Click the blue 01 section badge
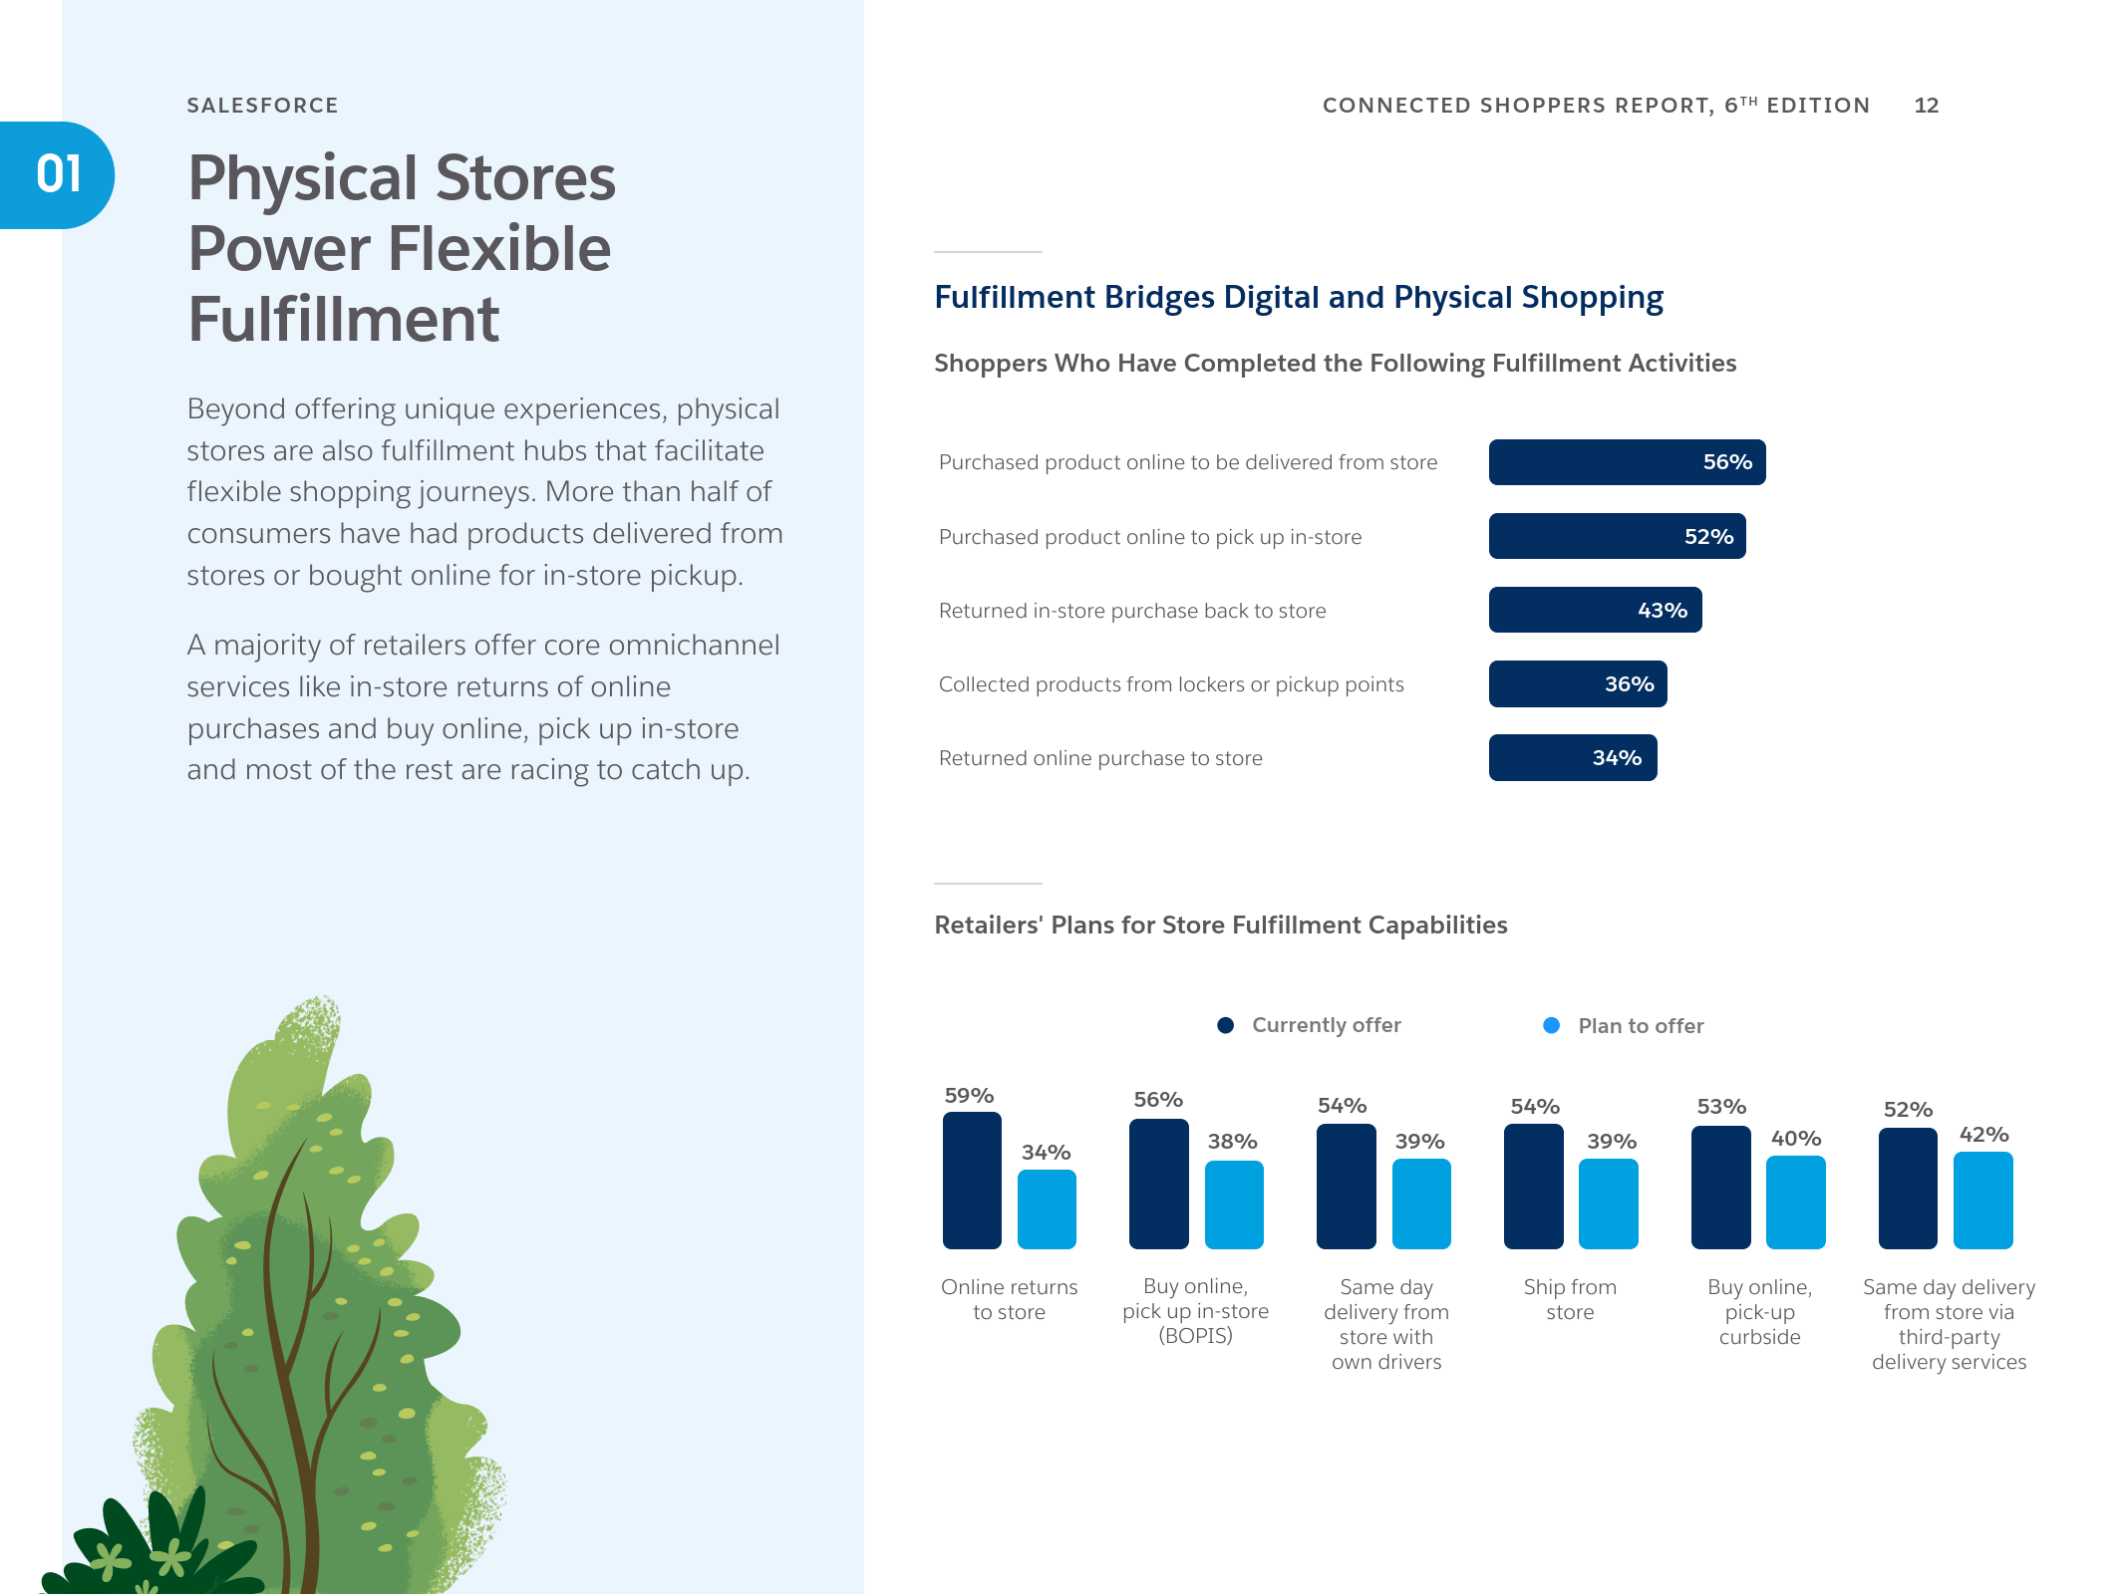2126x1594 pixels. point(57,175)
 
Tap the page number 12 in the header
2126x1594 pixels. point(1926,106)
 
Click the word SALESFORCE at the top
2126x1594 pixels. point(262,106)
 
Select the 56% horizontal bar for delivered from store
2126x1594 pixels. point(1627,462)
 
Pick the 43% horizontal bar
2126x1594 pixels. point(1595,610)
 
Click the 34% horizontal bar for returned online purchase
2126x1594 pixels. point(1573,757)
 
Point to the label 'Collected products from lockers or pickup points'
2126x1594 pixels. point(1171,684)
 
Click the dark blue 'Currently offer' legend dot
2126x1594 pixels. point(1226,1025)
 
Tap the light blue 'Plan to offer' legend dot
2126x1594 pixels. point(1551,1025)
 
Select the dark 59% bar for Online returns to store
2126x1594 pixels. point(972,1181)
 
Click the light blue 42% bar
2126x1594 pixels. point(1982,1200)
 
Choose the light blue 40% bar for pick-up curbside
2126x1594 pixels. point(1795,1202)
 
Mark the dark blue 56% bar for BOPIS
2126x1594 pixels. point(1158,1184)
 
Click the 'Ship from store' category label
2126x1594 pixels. point(1570,1299)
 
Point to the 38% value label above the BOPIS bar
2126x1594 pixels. point(1232,1142)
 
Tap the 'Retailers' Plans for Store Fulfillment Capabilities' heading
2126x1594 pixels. point(1220,926)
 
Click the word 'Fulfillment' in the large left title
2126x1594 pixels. point(343,319)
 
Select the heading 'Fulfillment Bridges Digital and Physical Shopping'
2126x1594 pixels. point(1299,298)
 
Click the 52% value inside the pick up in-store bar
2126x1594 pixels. point(1708,537)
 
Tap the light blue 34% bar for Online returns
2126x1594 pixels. point(1047,1209)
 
